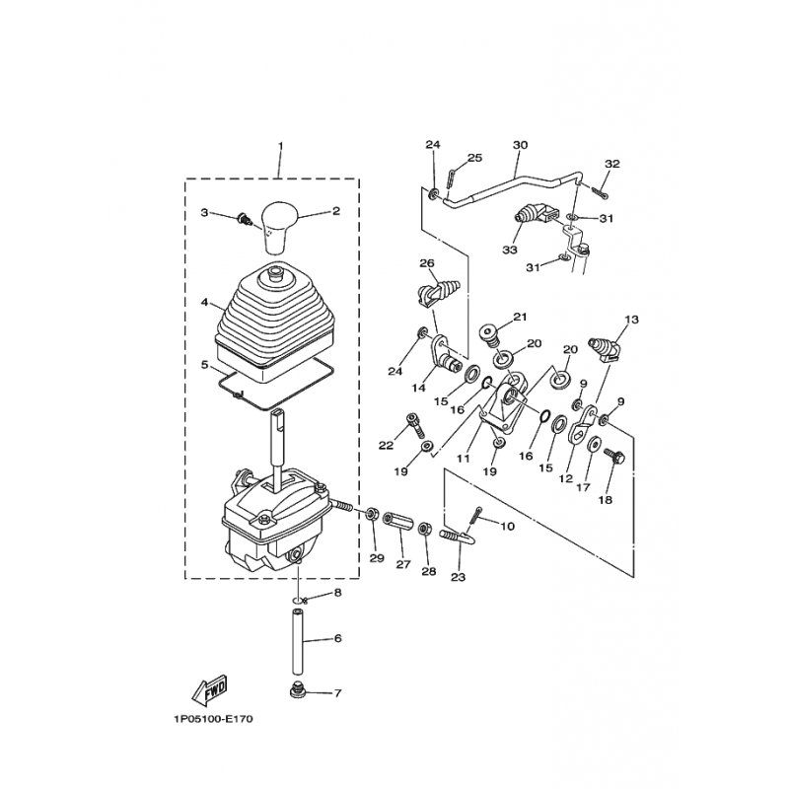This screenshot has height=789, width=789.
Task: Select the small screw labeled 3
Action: pos(244,219)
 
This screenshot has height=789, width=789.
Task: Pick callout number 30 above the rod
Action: pos(521,145)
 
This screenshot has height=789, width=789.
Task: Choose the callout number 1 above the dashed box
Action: pos(280,146)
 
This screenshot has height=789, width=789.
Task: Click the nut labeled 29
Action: pos(373,514)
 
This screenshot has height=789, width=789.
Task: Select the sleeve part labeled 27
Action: pos(398,522)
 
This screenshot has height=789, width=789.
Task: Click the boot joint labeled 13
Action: pos(607,350)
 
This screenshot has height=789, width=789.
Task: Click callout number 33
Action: pos(510,251)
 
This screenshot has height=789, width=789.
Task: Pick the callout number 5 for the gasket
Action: pos(204,364)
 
